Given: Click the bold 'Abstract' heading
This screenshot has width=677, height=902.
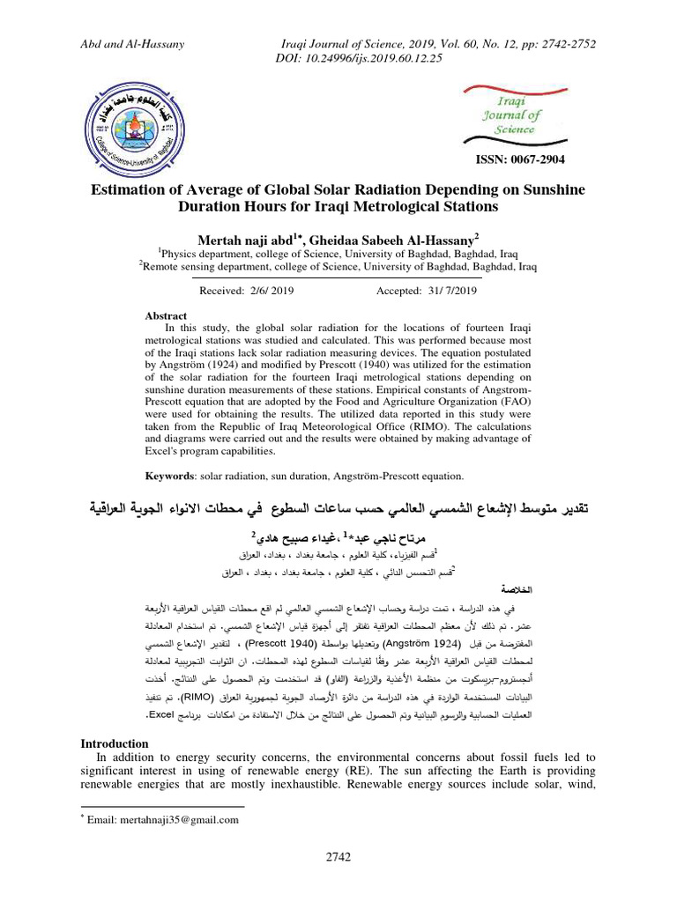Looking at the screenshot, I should [166, 315].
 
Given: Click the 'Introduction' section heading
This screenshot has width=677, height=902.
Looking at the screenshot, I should [115, 743].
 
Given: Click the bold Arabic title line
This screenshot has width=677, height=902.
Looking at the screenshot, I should [338, 510].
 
